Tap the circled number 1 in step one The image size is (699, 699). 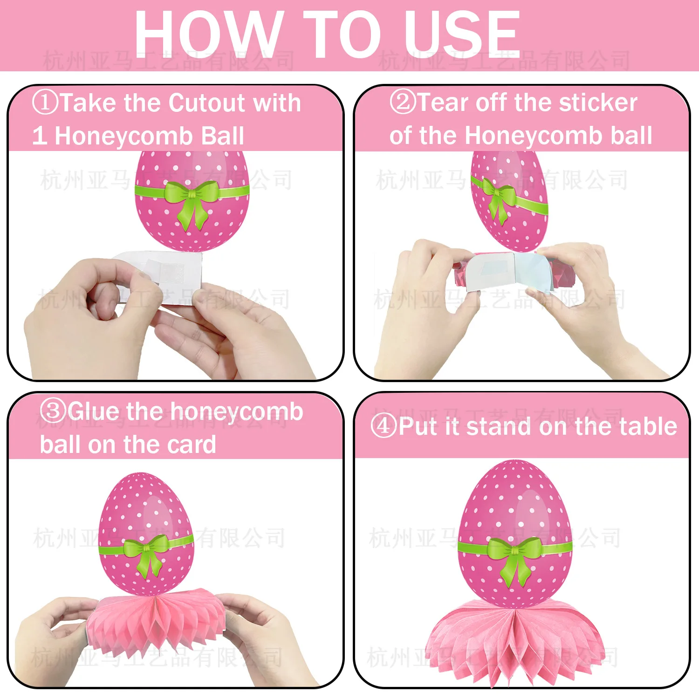pyautogui.click(x=45, y=102)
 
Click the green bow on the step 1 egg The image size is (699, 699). pyautogui.click(x=192, y=200)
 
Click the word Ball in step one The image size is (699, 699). pyautogui.click(x=222, y=136)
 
